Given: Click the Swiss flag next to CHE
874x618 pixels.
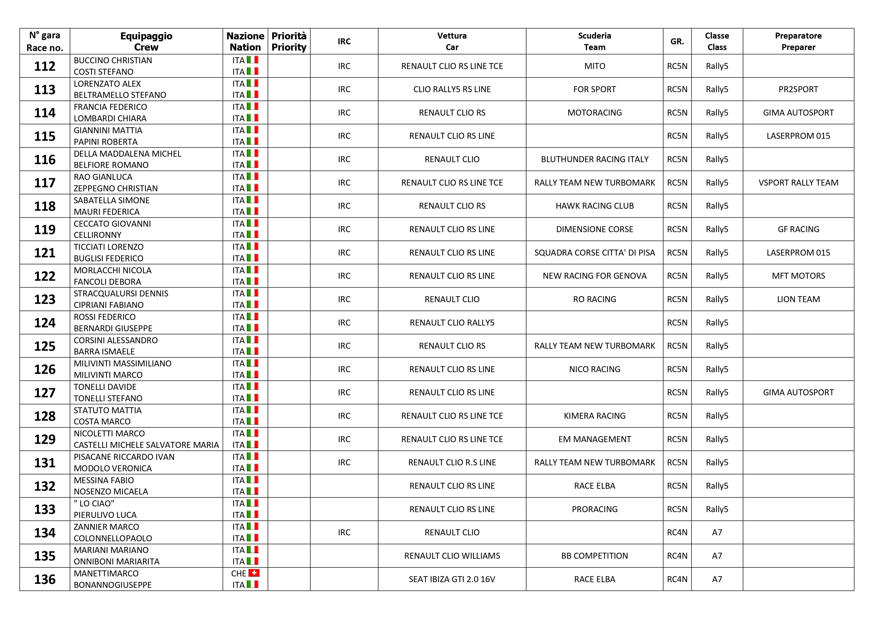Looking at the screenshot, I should pyautogui.click(x=254, y=573).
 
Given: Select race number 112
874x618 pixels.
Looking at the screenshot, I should pyautogui.click(x=45, y=66).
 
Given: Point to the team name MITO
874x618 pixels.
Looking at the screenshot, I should pyautogui.click(x=594, y=66).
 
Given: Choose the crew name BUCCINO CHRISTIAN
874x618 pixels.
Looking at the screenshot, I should pyautogui.click(x=113, y=61).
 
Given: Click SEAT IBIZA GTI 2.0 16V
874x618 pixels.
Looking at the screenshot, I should pyautogui.click(x=452, y=579).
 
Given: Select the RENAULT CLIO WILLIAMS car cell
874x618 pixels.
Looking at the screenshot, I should pyautogui.click(x=452, y=556).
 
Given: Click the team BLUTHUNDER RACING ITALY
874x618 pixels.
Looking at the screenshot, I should pyautogui.click(x=594, y=160).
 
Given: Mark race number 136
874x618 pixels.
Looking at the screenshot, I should pyautogui.click(x=45, y=579).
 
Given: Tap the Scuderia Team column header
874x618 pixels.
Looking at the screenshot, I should pyautogui.click(x=594, y=41).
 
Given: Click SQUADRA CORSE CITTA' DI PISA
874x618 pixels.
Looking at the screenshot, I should pyautogui.click(x=594, y=253).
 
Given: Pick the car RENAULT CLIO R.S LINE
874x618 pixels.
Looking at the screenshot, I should pyautogui.click(x=452, y=463).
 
